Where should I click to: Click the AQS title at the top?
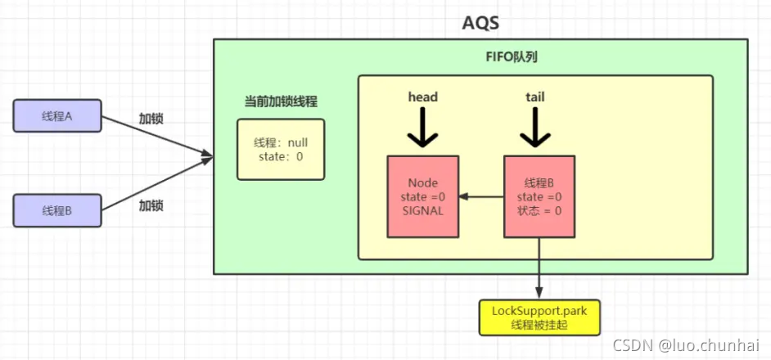(480, 21)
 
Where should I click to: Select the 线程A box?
(57, 117)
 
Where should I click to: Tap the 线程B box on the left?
(57, 210)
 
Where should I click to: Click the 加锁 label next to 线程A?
(151, 119)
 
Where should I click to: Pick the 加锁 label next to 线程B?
(151, 205)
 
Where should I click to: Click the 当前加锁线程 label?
(281, 102)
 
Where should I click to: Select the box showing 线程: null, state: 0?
(281, 149)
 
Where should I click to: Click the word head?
(423, 97)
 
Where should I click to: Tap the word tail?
(535, 97)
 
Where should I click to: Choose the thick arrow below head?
(423, 128)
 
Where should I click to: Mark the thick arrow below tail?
(535, 128)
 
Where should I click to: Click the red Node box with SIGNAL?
(423, 196)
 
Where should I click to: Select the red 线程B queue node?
(539, 196)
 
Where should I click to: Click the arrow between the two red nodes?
(481, 196)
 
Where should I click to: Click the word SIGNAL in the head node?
(423, 210)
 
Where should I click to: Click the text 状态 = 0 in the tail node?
(539, 210)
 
